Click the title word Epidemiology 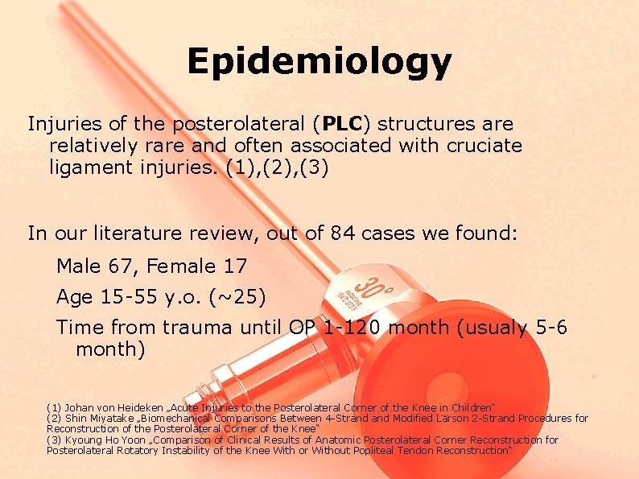tap(319, 61)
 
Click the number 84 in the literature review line tap(340, 234)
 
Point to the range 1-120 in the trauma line tap(352, 328)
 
